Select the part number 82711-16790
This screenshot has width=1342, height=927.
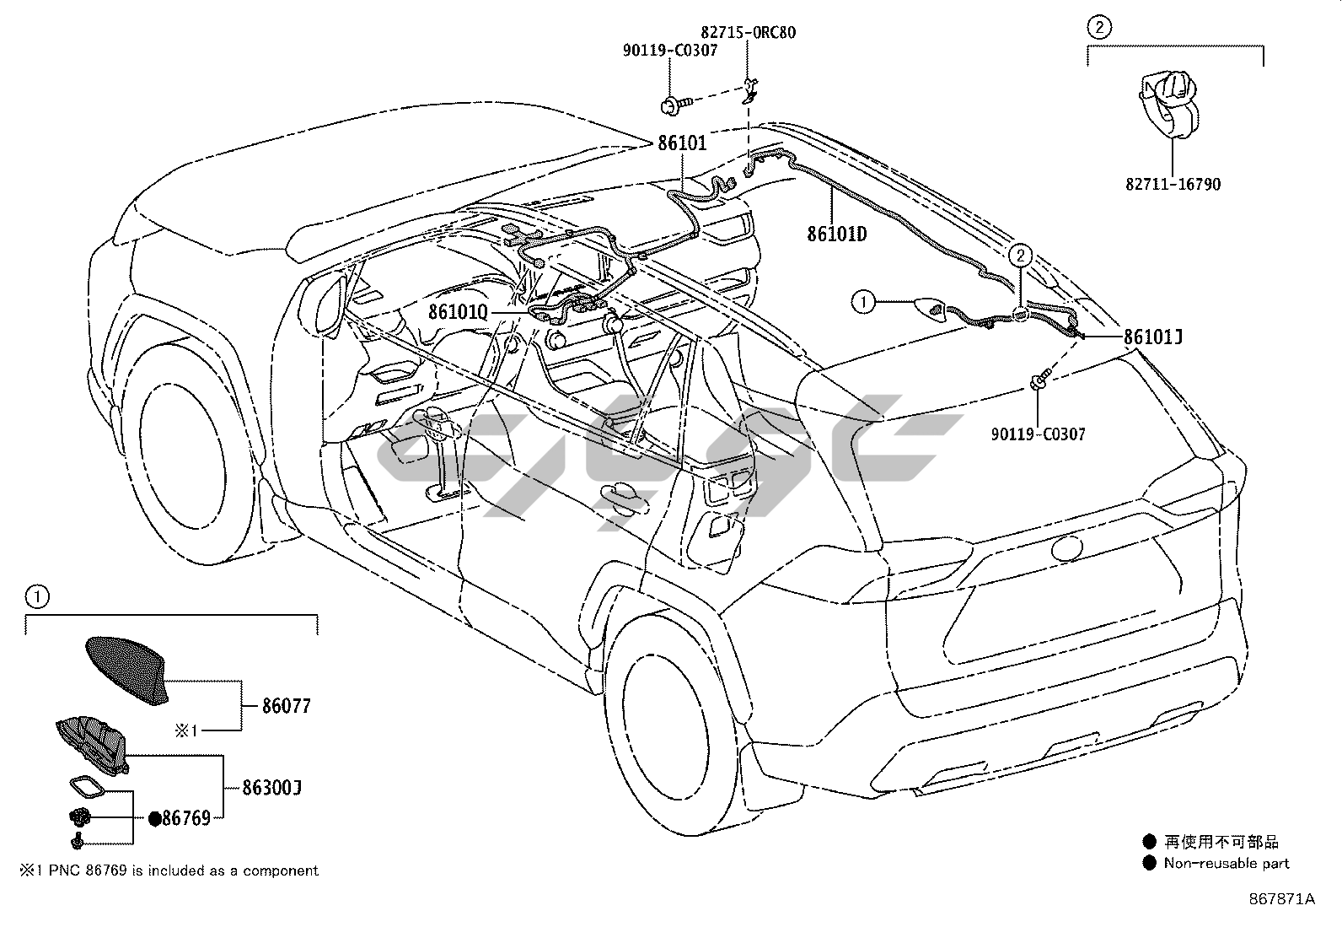pyautogui.click(x=1173, y=184)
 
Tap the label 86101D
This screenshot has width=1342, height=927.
pyautogui.click(x=836, y=234)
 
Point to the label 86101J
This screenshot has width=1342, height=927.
pyautogui.click(x=1152, y=337)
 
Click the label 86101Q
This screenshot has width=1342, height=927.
pyautogui.click(x=458, y=312)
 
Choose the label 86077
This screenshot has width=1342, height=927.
pyautogui.click(x=286, y=706)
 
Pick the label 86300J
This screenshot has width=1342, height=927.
pyautogui.click(x=271, y=788)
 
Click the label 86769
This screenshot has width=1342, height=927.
pyautogui.click(x=185, y=817)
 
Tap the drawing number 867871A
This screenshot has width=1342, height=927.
pyautogui.click(x=1281, y=899)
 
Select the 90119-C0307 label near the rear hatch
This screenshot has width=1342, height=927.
pyautogui.click(x=1038, y=434)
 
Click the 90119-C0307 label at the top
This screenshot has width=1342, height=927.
pyautogui.click(x=670, y=51)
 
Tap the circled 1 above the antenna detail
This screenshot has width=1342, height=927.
pyautogui.click(x=36, y=597)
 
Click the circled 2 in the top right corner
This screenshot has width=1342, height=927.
pyautogui.click(x=1098, y=27)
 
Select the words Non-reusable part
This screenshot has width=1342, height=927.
pyautogui.click(x=1227, y=863)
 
